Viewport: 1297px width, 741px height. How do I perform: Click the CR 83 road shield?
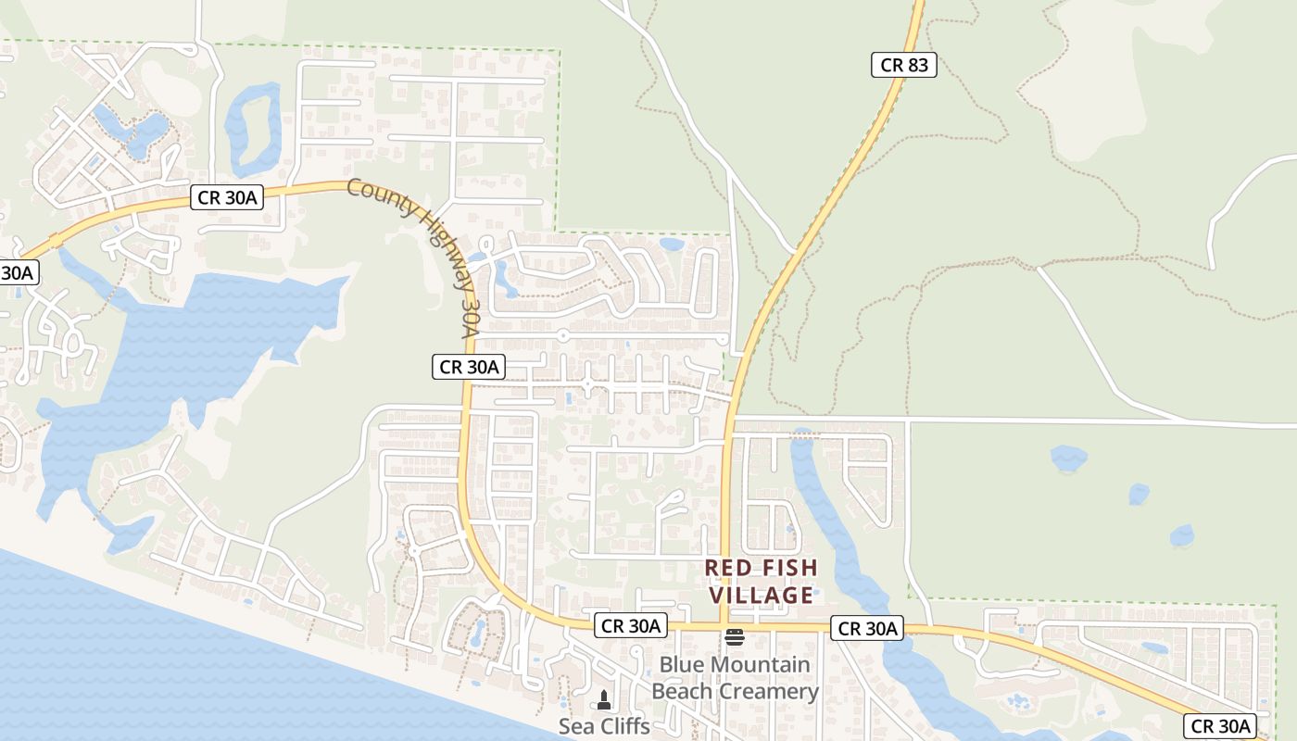tap(903, 65)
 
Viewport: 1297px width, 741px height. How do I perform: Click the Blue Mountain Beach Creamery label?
tap(735, 678)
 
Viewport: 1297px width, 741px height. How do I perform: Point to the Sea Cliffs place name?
tap(604, 726)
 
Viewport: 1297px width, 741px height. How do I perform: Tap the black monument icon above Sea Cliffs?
tap(604, 699)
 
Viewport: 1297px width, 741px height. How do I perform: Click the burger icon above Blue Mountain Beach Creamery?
tap(735, 636)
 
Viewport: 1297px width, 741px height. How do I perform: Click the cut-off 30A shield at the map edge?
tap(17, 272)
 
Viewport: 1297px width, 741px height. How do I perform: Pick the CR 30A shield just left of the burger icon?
tap(631, 626)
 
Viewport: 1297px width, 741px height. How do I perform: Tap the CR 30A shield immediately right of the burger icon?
tap(868, 629)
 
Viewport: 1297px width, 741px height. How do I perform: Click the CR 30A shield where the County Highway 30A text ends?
tap(469, 367)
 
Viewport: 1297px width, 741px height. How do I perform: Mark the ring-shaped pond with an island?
tap(252, 129)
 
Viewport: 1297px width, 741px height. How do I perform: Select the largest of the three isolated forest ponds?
tap(1067, 458)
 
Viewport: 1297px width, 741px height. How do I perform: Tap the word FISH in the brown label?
tap(784, 567)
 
